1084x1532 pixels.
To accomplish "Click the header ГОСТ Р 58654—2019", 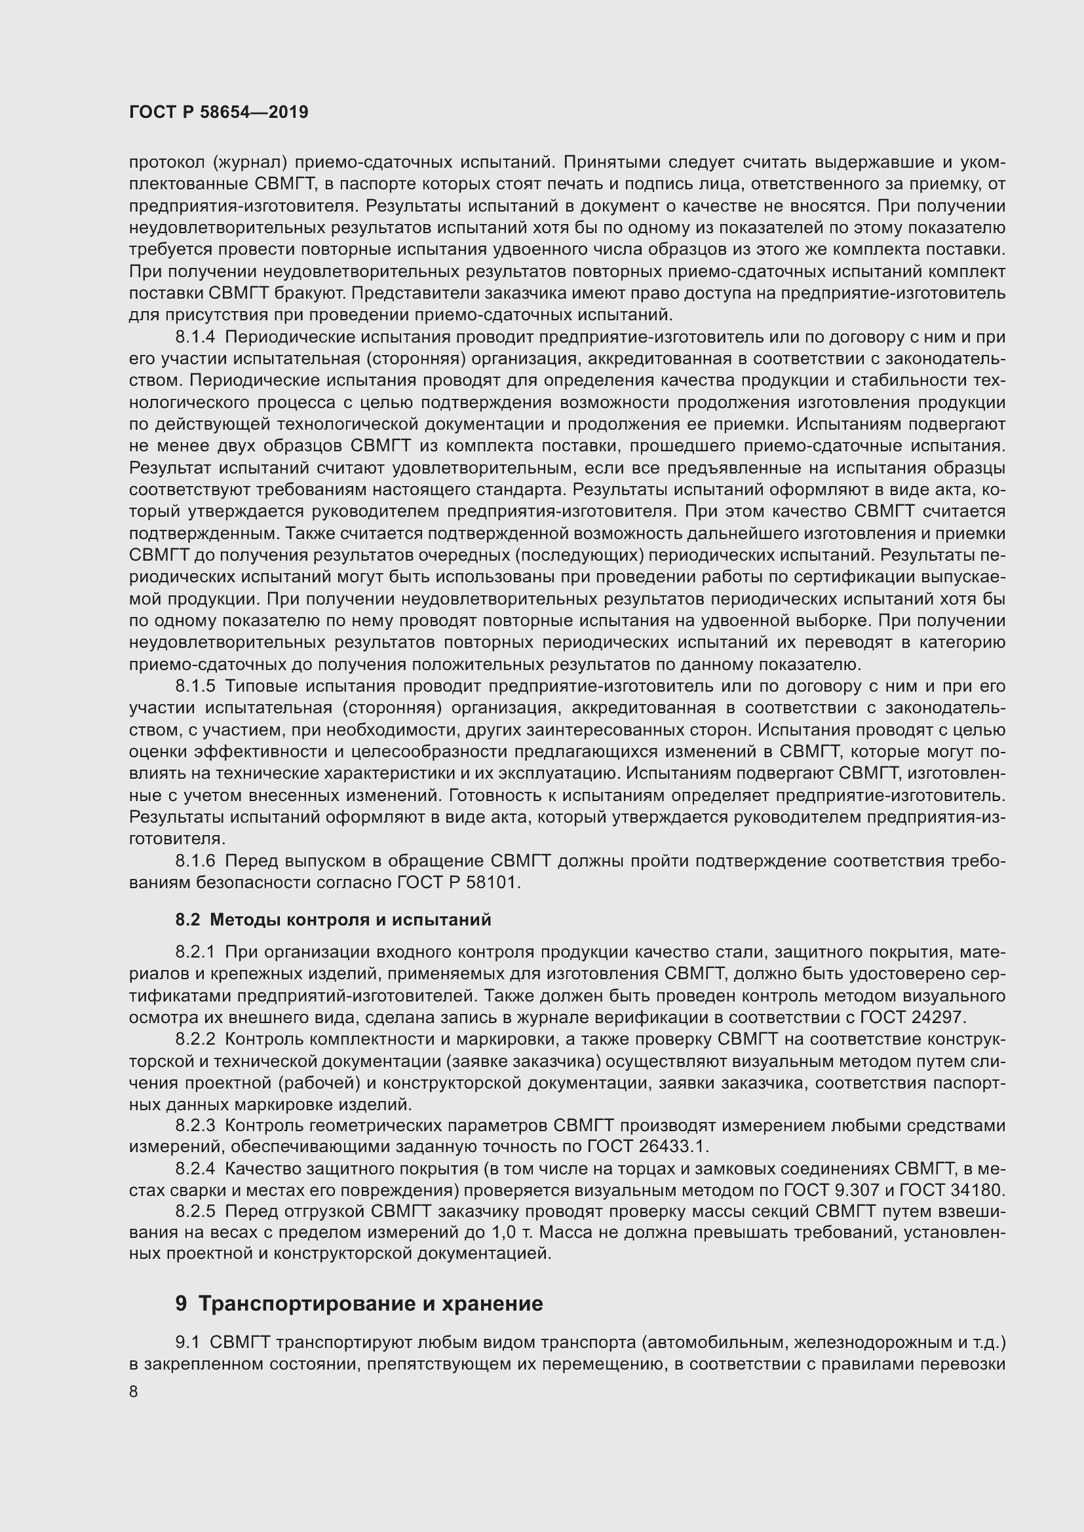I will pos(218,112).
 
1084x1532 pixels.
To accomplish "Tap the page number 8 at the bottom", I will pos(134,1392).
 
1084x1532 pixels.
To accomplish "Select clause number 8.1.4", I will pos(196,337).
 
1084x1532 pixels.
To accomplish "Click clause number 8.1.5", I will pos(196,686).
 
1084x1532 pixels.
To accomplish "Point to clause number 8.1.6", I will pos(196,861).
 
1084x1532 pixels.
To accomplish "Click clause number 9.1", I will pos(188,1341).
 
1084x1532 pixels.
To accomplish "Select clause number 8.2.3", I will pos(196,1125).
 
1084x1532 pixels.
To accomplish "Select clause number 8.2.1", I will pos(196,952).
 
